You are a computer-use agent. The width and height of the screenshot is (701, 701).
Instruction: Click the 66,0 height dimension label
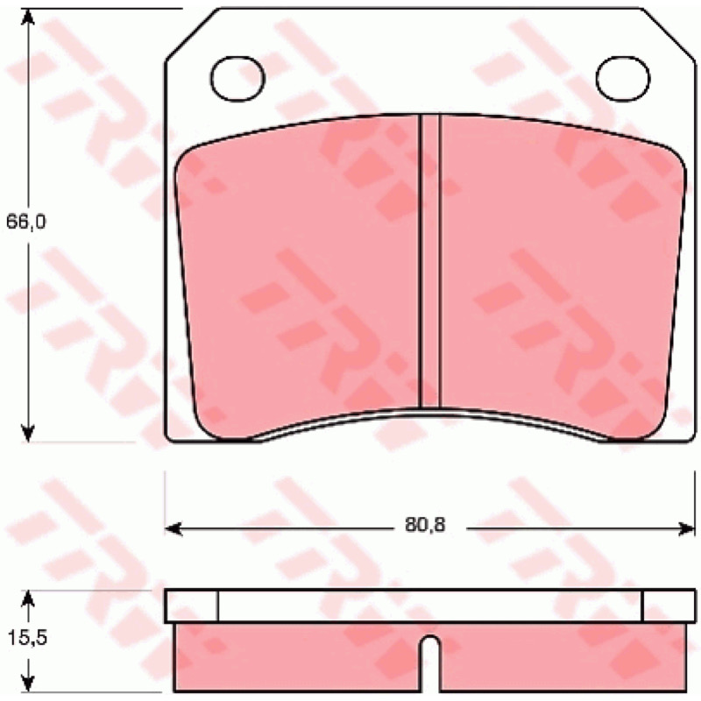coord(25,223)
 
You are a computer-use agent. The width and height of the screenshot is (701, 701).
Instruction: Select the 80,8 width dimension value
coord(425,525)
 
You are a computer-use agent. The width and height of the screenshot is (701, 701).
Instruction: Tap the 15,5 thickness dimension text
coord(27,638)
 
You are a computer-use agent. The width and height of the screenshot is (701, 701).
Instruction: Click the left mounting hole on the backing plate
coord(237,78)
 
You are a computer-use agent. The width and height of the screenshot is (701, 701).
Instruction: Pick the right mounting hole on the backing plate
coord(623,78)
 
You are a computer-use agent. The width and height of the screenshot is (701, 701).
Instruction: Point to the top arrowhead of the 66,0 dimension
coord(28,17)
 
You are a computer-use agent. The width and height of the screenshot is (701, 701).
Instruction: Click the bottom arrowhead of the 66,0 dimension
coord(28,434)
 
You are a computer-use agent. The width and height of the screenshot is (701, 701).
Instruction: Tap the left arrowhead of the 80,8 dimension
coord(173,529)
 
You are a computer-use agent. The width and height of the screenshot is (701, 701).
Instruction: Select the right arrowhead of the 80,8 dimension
coord(686,529)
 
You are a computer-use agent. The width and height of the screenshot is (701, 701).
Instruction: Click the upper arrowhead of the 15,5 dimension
coord(28,599)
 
